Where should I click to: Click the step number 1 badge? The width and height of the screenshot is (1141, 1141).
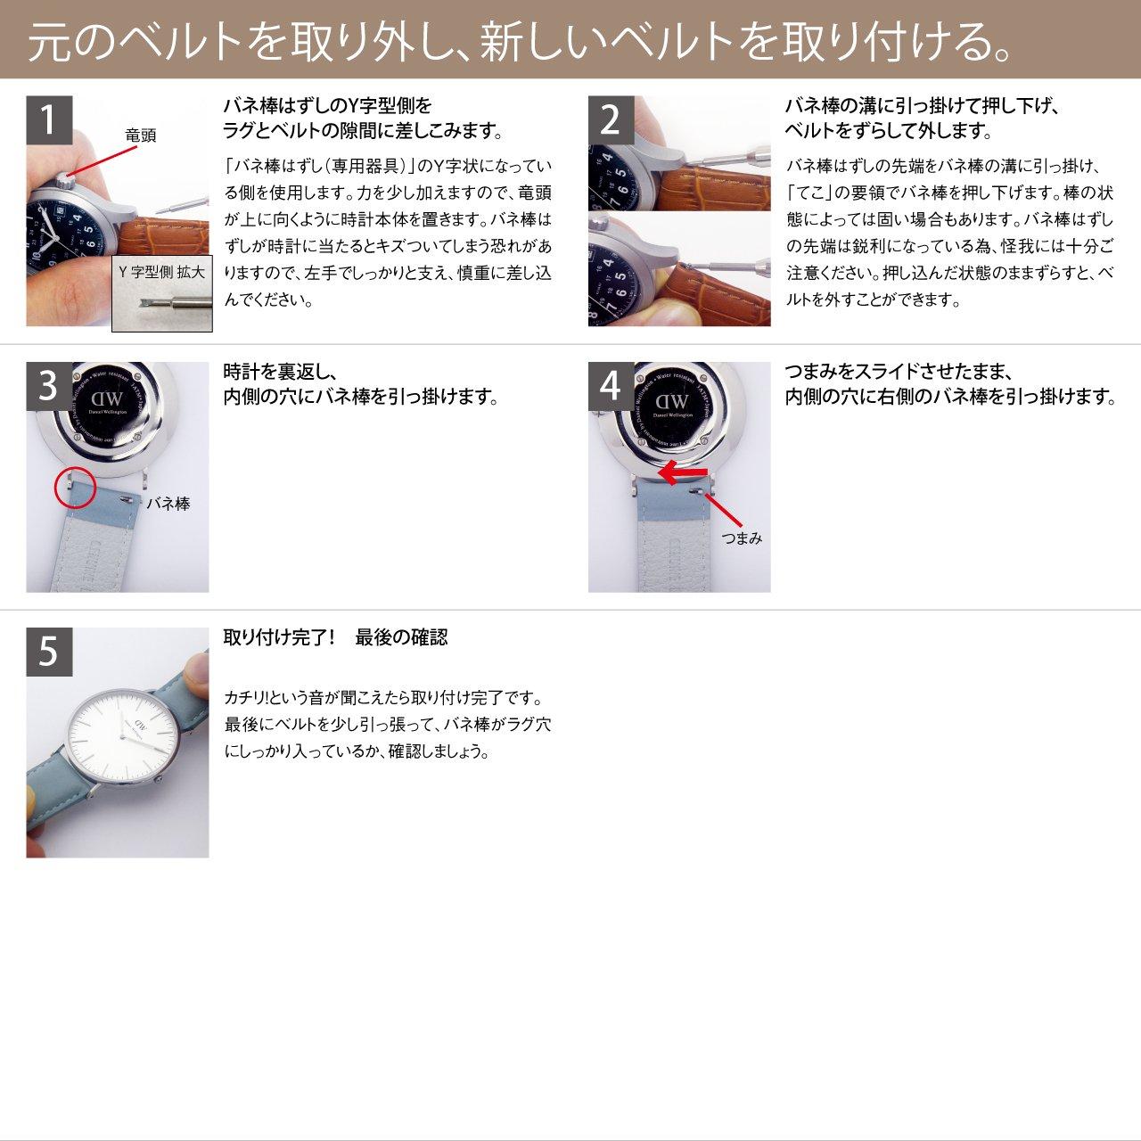[x=48, y=119]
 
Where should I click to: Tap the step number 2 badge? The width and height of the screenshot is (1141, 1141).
[x=611, y=119]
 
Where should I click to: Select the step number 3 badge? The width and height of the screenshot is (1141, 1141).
[x=48, y=385]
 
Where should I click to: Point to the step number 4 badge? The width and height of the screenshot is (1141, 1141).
[x=611, y=385]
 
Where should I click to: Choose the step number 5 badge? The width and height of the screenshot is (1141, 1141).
[x=48, y=651]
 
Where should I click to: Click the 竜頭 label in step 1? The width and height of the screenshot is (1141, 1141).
[x=140, y=135]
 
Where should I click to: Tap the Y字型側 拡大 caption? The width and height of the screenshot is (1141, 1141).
[x=161, y=273]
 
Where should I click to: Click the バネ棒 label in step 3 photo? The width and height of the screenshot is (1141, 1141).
[x=168, y=504]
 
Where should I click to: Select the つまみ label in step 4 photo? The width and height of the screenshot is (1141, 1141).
[x=742, y=538]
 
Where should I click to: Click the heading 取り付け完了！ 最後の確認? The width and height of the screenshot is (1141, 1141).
[x=335, y=637]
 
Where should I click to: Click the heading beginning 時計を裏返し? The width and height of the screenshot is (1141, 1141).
[x=360, y=384]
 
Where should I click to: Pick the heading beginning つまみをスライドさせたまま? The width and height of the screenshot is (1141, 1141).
[x=950, y=384]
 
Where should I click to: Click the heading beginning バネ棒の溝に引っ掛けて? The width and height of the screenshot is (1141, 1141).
[x=921, y=119]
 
